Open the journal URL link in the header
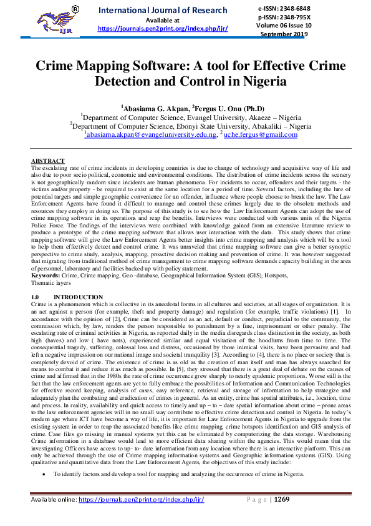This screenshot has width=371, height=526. (x=163, y=29)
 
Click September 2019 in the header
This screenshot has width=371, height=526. (x=310, y=35)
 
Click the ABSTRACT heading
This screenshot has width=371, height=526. (x=47, y=161)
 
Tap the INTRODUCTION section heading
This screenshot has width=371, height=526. (x=79, y=297)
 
